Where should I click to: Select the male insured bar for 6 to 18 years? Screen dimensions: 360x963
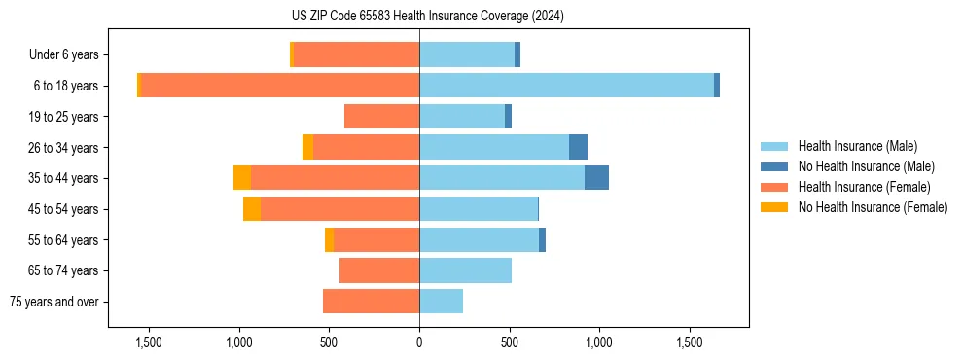point(566,86)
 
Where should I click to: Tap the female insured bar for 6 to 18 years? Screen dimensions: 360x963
point(280,86)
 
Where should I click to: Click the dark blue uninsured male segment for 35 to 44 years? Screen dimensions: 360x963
point(596,178)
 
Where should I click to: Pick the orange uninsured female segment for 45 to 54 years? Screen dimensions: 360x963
point(252,209)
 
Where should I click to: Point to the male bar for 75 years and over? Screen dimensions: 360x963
point(441,302)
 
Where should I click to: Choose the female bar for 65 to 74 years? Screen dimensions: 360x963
point(379,270)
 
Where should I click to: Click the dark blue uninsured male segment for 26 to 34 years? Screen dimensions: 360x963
point(578,147)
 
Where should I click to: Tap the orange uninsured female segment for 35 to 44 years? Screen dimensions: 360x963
point(242,178)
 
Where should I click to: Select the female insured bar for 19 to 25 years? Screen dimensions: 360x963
point(381,117)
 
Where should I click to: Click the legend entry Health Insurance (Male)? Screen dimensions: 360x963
point(857,146)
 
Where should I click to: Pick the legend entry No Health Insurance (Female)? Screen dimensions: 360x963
point(873,207)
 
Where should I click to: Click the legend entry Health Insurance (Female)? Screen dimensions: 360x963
point(865,187)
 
